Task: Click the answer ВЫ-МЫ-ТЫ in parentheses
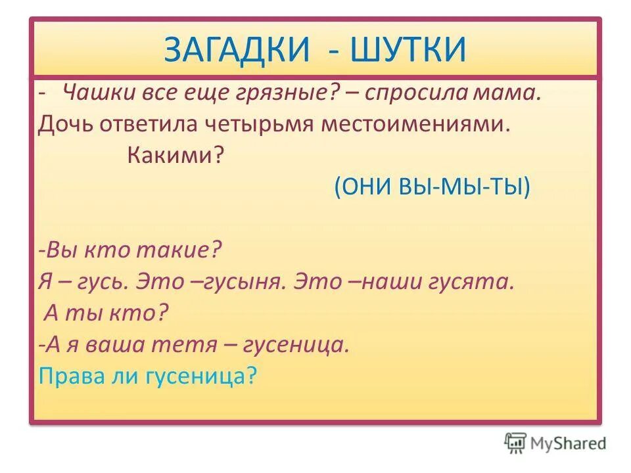[461, 187]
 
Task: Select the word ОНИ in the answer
[364, 187]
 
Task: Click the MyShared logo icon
[516, 443]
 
